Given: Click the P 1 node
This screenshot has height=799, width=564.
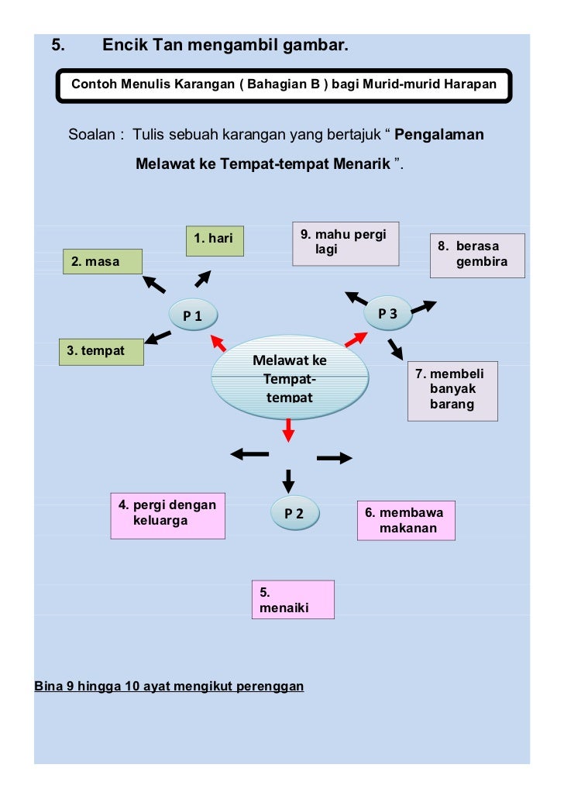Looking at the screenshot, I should (x=194, y=315).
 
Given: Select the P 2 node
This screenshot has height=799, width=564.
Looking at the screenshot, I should (x=294, y=512).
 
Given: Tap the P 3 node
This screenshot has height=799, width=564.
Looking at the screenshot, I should (x=387, y=313).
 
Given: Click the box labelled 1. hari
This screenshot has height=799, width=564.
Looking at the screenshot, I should (x=215, y=240).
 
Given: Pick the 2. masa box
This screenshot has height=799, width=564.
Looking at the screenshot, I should (x=103, y=262).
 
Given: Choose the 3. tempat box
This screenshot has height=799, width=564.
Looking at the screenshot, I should (x=101, y=352).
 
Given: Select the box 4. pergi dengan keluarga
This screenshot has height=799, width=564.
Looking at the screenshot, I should (x=168, y=515).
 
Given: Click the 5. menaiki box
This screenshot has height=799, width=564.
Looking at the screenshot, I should (x=293, y=600).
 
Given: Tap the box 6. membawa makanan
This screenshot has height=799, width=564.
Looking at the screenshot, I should (x=405, y=521).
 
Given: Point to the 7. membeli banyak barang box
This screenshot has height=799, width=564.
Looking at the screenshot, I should (x=453, y=390).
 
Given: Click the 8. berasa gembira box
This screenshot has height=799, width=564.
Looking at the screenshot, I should (x=477, y=256).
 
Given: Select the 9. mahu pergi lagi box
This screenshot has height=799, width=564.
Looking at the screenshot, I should (x=346, y=244).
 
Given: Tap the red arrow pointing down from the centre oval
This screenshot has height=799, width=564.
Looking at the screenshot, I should (x=289, y=430).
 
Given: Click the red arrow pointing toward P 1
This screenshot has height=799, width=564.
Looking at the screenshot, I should (x=218, y=343).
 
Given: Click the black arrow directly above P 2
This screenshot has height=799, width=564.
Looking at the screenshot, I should (x=288, y=480).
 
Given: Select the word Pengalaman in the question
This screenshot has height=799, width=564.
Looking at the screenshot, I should (x=439, y=135).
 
